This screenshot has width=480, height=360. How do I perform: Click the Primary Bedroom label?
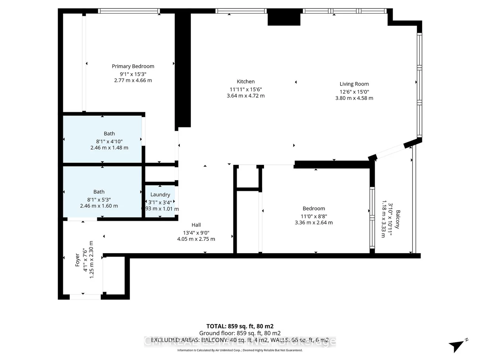pos(133,66)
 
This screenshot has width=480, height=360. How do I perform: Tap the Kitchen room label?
pos(246,82)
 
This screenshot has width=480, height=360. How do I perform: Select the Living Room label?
pos(354,84)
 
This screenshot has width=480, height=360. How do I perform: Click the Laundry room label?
pos(160,195)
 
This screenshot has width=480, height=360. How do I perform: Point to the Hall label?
pos(196,225)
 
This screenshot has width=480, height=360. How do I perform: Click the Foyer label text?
pos(78,260)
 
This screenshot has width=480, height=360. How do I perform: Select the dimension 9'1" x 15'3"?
pos(133,74)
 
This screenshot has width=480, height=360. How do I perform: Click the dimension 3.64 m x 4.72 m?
pos(246,96)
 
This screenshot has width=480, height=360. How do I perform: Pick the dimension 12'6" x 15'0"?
pos(354,92)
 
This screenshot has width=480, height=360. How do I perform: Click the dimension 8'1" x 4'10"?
pos(109,141)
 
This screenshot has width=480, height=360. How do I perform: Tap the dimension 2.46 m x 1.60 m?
pos(99,206)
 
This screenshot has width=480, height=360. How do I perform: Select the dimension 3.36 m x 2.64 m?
pos(313,223)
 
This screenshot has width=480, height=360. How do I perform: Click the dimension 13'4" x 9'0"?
pos(196,233)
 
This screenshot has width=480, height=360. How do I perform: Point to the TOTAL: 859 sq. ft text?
pos(240,326)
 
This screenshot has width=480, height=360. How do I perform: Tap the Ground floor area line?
pos(240,333)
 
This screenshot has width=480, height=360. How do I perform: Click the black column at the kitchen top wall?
pos(284,17)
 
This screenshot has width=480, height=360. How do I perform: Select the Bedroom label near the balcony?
pos(313,209)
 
